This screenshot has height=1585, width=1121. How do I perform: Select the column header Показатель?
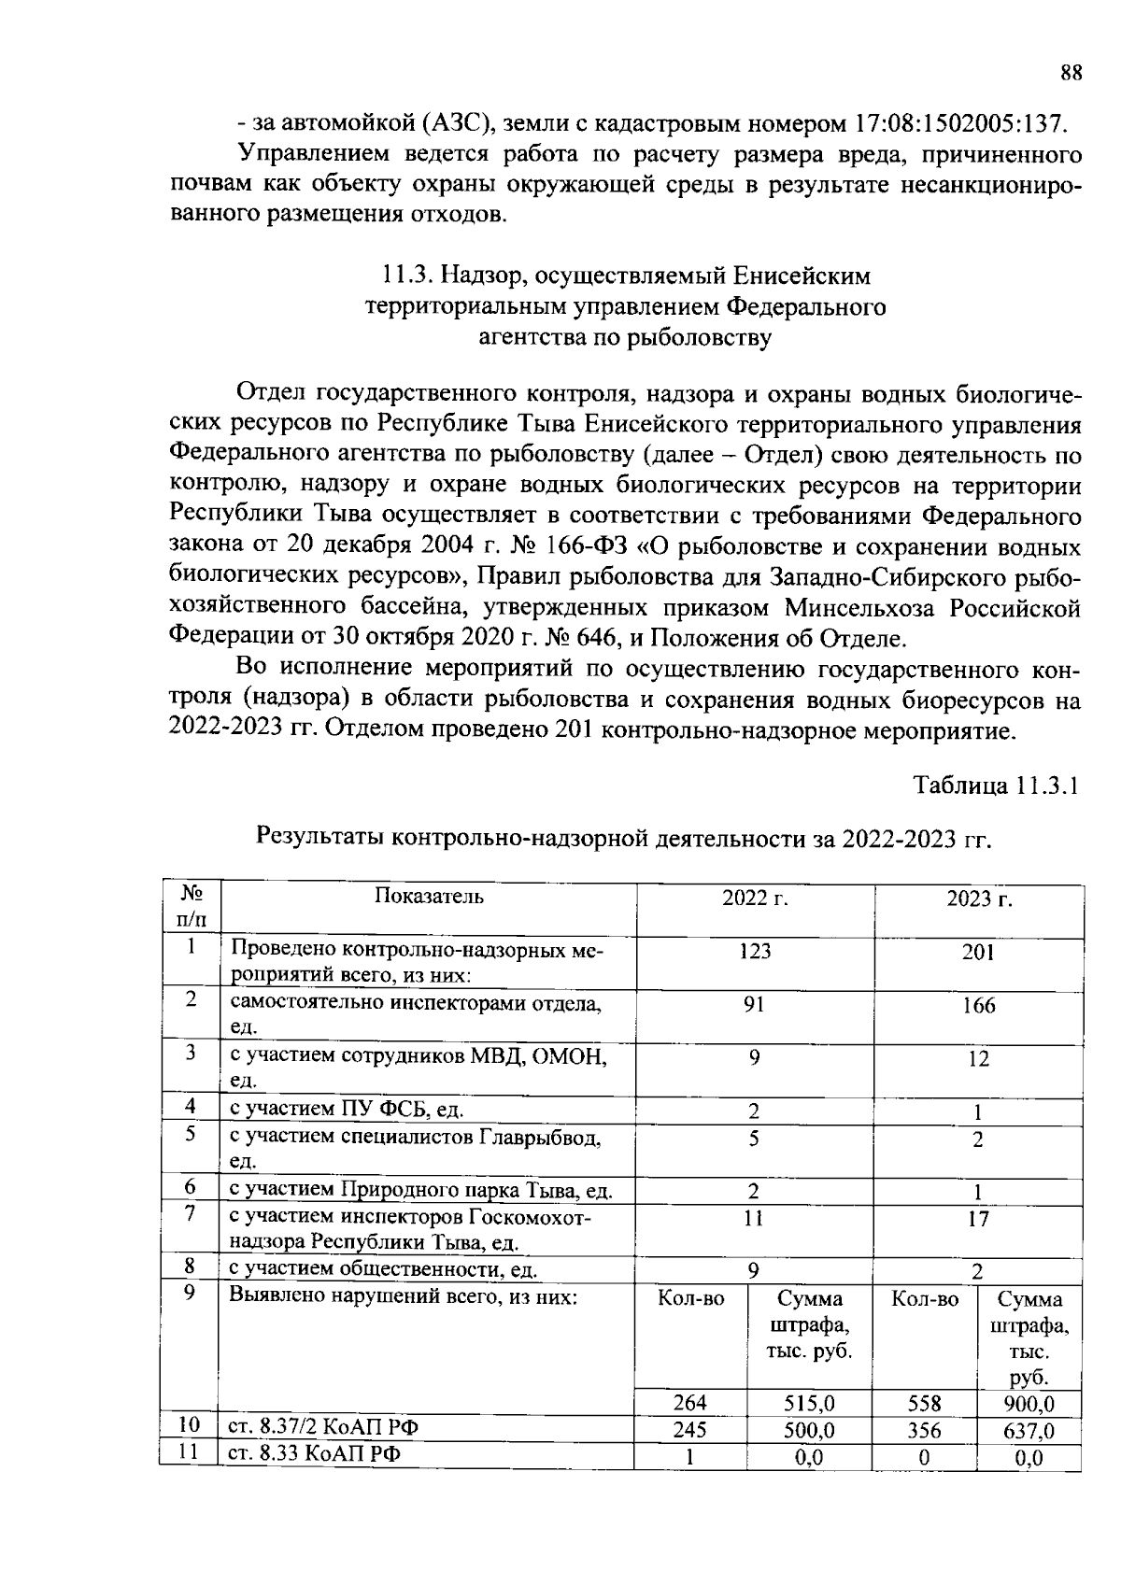pos(429,897)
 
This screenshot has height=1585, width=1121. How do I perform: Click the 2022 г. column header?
pos(755,899)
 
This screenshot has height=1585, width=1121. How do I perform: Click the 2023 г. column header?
pos(979,899)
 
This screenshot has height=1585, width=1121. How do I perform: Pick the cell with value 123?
pos(755,952)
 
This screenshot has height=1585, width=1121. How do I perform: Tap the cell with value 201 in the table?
pos(978,953)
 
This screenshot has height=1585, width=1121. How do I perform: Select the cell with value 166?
pos(978,1006)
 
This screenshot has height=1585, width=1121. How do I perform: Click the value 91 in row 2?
pos(755,1005)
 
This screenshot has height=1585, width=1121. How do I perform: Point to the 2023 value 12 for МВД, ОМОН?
pos(978,1059)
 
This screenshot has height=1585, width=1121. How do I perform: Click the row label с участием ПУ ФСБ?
pos(347,1109)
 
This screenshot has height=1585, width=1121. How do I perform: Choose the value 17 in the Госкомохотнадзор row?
pos(978,1220)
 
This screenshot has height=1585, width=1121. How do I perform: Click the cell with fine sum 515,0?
pos(809,1403)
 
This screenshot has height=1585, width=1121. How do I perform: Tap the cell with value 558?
pos(924,1403)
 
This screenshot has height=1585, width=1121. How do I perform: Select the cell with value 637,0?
pos(1029,1431)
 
